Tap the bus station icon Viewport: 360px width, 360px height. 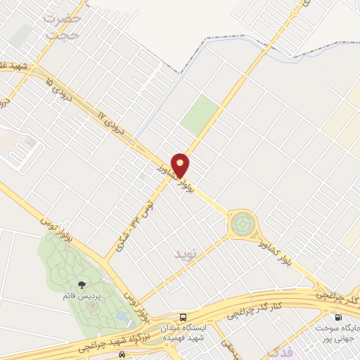(x=184, y=317)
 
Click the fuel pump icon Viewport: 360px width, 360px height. (x=340, y=317)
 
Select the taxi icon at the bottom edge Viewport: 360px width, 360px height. (x=122, y=354)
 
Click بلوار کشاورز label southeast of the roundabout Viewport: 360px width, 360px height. (x=286, y=251)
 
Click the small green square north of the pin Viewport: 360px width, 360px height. (x=200, y=115)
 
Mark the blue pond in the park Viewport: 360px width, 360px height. (x=125, y=319)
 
